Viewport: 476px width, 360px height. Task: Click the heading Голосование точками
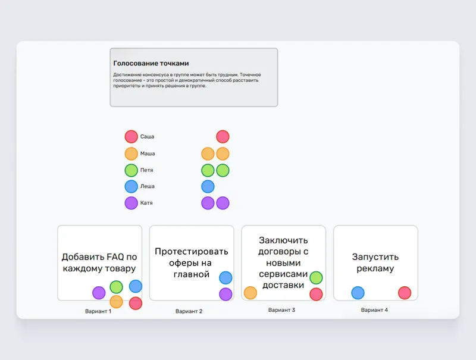(x=151, y=64)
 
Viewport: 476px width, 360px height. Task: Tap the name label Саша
(x=147, y=137)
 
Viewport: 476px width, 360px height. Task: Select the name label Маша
(x=148, y=154)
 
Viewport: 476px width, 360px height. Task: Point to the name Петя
(x=146, y=170)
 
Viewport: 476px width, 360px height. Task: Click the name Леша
(x=147, y=186)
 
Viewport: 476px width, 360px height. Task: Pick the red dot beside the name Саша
(x=131, y=137)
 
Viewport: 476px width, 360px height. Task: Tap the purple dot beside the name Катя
(x=131, y=203)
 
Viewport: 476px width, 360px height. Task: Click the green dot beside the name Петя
(x=131, y=170)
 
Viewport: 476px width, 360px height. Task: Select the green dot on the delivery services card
(x=316, y=278)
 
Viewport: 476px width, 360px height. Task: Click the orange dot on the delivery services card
(x=250, y=293)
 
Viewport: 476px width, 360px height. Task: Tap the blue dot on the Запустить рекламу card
(x=358, y=293)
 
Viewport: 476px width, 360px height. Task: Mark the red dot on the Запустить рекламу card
(x=405, y=293)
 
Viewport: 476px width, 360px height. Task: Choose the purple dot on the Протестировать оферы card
(x=226, y=294)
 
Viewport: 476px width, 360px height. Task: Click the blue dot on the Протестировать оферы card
(x=226, y=278)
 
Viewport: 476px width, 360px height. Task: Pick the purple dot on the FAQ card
(x=99, y=293)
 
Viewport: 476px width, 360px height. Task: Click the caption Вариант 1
(x=98, y=311)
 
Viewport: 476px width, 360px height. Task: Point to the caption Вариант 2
(x=189, y=311)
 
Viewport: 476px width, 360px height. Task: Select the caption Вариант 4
(x=374, y=310)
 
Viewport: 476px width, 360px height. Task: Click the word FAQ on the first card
(x=114, y=257)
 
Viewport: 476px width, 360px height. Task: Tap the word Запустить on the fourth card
(x=375, y=257)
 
